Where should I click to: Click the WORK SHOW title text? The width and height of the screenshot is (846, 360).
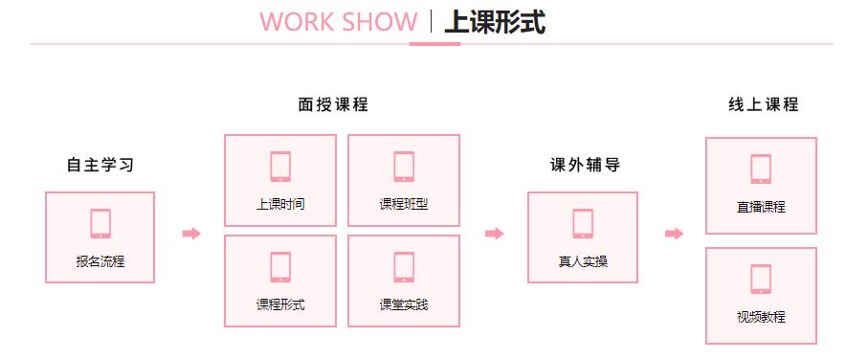(x=338, y=22)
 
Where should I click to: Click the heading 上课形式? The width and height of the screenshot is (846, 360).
(x=495, y=22)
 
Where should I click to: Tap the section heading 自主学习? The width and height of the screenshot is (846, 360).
(x=100, y=165)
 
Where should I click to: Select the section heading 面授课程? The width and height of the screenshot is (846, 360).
(x=333, y=105)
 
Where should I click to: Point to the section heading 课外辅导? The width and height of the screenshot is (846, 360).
(x=583, y=165)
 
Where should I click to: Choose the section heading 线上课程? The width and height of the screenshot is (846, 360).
(x=762, y=105)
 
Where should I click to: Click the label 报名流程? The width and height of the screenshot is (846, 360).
(x=100, y=260)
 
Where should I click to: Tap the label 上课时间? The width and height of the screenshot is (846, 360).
(x=280, y=205)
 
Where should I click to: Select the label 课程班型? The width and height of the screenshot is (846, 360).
(x=403, y=205)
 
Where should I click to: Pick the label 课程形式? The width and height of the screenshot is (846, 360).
(x=280, y=304)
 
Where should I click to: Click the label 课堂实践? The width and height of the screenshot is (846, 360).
(x=403, y=304)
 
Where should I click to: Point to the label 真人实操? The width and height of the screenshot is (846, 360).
(x=583, y=260)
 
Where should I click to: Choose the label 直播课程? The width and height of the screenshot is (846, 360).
(x=762, y=206)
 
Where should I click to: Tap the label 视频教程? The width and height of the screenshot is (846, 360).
(x=762, y=316)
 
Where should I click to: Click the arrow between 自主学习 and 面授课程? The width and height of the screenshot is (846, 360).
(x=191, y=234)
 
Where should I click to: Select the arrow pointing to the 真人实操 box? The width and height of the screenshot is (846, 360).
(x=494, y=234)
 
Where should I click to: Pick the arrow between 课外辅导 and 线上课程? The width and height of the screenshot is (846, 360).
(x=674, y=234)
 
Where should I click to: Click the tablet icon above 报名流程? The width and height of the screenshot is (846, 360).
(x=100, y=223)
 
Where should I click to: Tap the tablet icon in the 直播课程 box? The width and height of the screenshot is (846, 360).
(x=762, y=169)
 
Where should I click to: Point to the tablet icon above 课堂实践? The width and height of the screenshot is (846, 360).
(x=403, y=267)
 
